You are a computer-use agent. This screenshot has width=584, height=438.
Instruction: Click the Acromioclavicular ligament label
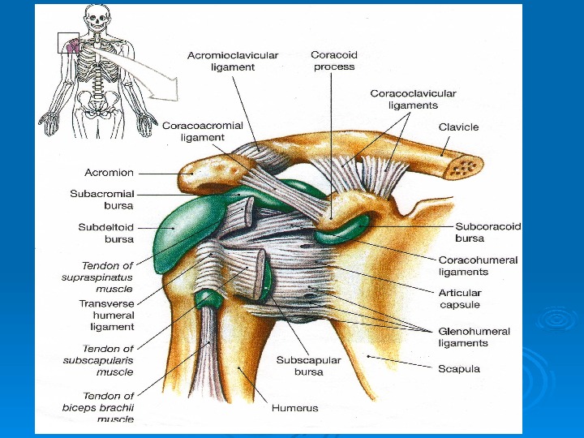click(233, 62)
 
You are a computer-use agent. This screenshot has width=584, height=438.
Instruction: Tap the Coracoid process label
click(333, 61)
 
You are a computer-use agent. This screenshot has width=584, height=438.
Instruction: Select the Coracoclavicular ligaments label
click(413, 99)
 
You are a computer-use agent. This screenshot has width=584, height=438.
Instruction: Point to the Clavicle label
click(458, 127)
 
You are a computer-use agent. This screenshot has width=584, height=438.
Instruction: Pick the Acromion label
click(109, 173)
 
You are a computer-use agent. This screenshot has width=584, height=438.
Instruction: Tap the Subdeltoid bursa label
click(105, 234)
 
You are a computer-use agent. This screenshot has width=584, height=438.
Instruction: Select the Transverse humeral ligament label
click(106, 315)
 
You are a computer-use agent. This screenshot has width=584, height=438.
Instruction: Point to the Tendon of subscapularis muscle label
click(97, 360)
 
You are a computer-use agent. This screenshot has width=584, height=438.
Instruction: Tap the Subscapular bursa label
click(308, 366)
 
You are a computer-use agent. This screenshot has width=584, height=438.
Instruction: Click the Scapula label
click(459, 369)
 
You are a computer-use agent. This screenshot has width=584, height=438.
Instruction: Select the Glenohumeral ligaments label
click(474, 337)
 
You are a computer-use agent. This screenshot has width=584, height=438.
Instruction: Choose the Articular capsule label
click(460, 298)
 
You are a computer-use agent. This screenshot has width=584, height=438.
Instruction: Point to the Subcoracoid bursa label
click(487, 233)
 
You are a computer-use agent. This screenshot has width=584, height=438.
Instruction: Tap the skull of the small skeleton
click(97, 15)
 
